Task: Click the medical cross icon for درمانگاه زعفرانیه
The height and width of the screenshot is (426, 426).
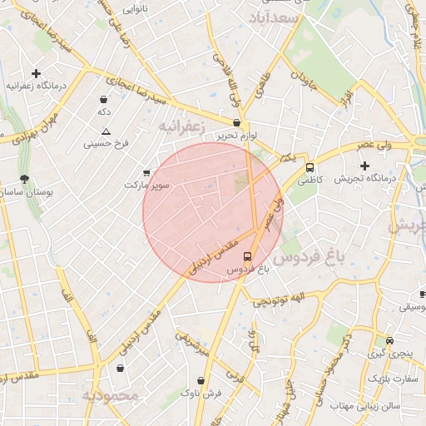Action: (x=36, y=73)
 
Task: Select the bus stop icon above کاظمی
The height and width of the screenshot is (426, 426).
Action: (x=310, y=167)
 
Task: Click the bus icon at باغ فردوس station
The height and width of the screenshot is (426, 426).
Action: (x=247, y=256)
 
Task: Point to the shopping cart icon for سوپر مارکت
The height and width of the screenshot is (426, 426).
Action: (x=147, y=172)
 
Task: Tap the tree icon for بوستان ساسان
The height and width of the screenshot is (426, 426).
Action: (x=24, y=179)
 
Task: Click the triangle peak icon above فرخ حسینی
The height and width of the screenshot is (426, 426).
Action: (x=106, y=131)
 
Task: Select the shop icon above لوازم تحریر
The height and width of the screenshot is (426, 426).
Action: (x=237, y=122)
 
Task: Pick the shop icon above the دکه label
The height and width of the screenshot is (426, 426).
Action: (x=104, y=99)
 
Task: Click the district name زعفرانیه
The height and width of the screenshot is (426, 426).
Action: (x=181, y=125)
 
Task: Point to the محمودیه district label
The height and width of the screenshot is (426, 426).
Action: (x=109, y=395)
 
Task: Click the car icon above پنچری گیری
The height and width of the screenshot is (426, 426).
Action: (x=390, y=341)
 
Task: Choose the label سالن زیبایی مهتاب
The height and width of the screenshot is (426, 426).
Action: (x=365, y=407)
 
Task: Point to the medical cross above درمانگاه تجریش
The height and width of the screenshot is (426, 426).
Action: (x=364, y=166)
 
